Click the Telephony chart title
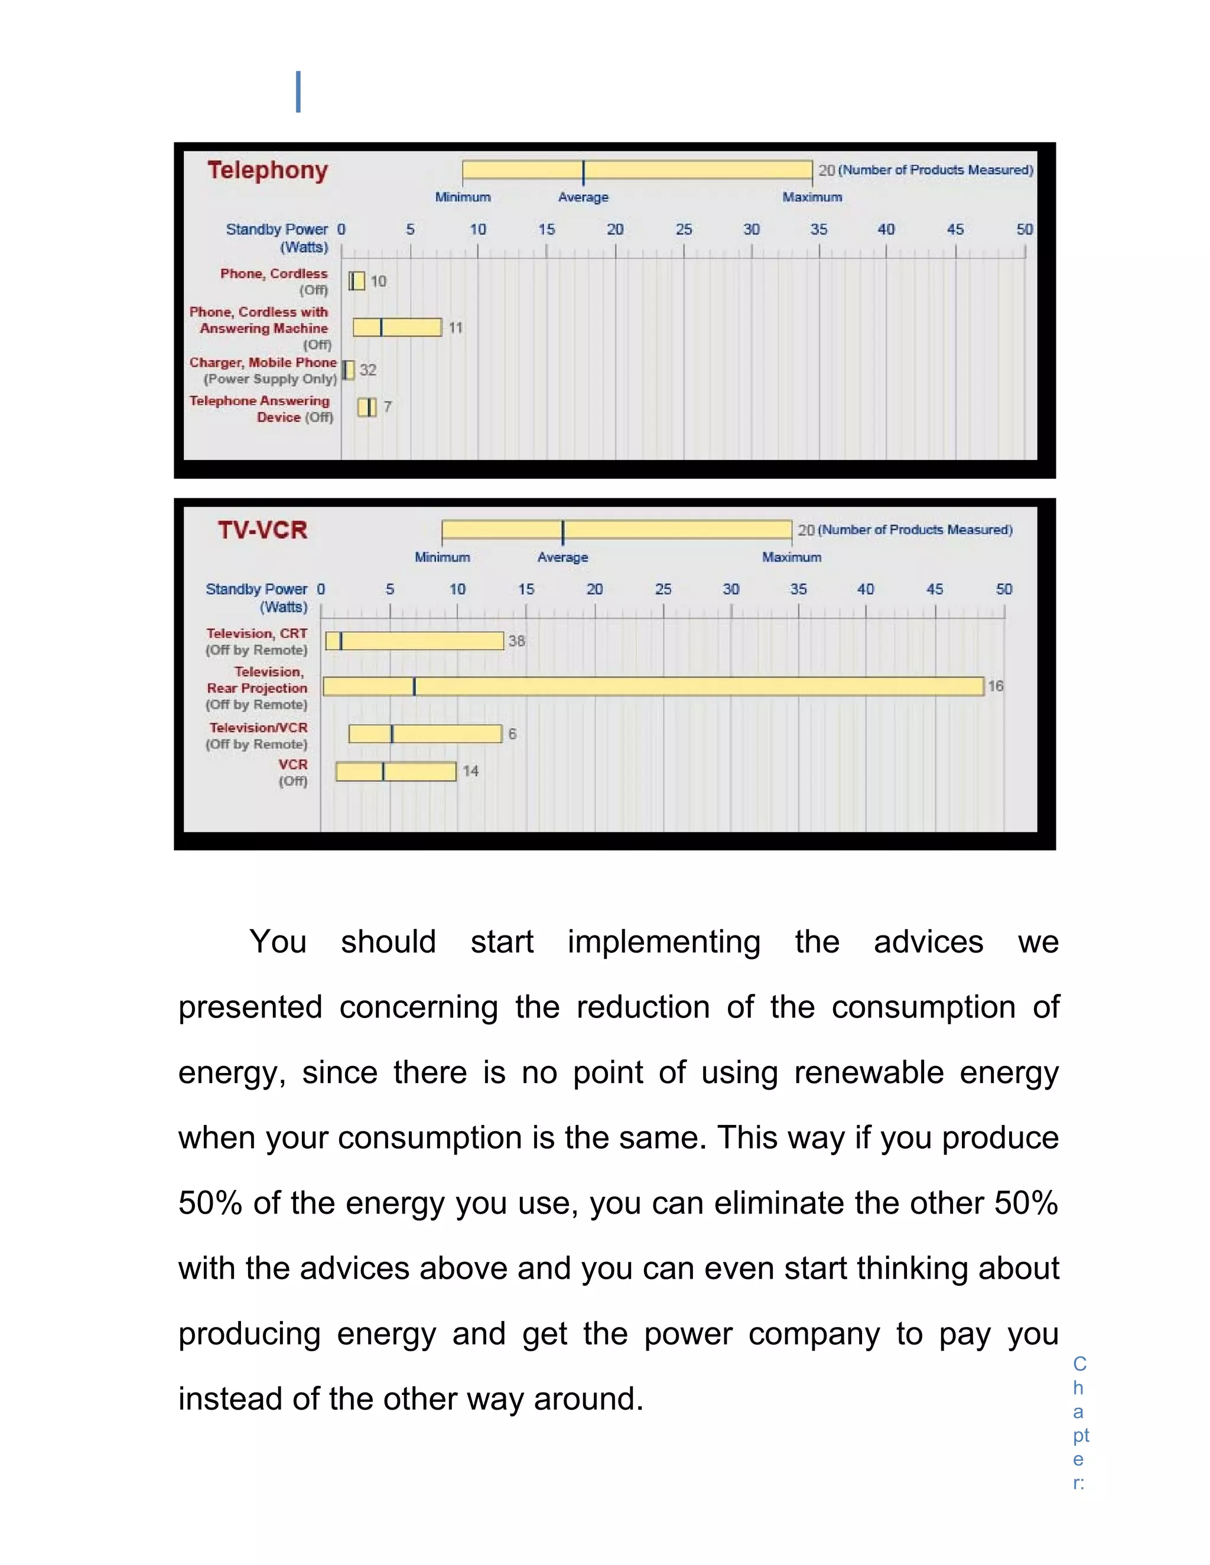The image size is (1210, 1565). pos(268,171)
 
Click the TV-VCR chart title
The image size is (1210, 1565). pos(262,530)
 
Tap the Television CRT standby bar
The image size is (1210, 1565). pos(414,641)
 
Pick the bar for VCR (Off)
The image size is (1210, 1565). pos(396,772)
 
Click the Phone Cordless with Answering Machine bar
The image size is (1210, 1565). pos(397,328)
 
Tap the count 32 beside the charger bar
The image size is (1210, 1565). pos(367,370)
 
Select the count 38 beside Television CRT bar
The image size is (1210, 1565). pos(517,641)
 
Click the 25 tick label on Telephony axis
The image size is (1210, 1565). pos(684,229)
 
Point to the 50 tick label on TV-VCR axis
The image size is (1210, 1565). pos(1004,589)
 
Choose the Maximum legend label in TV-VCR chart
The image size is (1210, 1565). pos(791,557)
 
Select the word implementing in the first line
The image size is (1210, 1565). pos(663,941)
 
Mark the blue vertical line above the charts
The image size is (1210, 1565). pos(298,92)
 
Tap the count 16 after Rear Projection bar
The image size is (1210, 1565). pos(996,686)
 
